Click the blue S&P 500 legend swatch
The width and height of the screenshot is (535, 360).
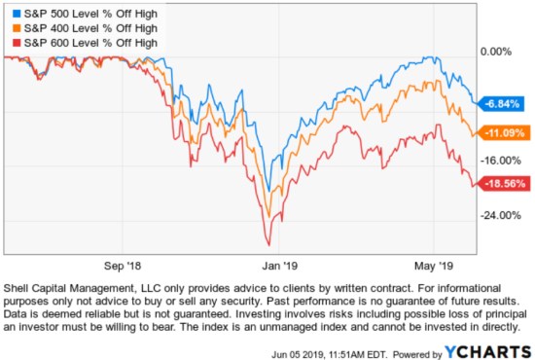point(11,16)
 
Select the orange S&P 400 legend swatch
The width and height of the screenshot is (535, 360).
point(11,29)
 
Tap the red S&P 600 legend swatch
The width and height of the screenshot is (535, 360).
point(11,43)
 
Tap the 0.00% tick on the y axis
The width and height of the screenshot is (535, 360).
point(496,51)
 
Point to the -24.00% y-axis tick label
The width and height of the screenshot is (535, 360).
point(499,215)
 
